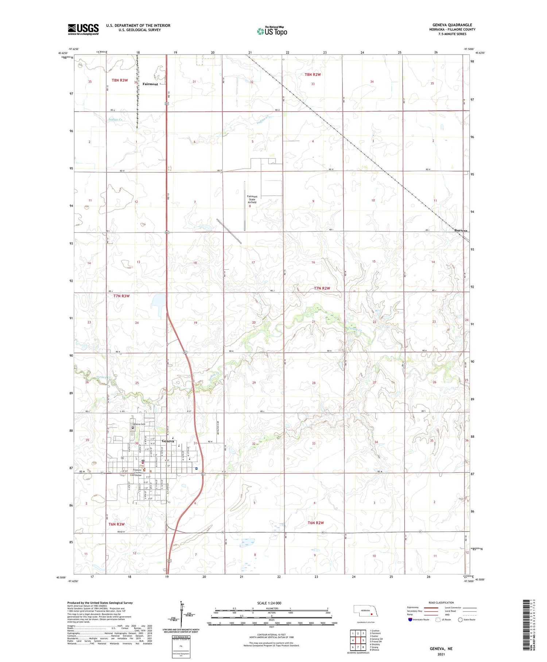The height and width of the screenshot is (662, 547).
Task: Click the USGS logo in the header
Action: pos(83,29)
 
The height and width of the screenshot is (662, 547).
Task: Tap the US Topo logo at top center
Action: pos(272,31)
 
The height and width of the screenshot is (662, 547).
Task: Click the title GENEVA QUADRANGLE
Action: pos(454,25)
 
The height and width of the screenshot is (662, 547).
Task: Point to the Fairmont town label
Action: pos(150,84)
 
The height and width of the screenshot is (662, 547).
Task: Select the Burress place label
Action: pos(461,230)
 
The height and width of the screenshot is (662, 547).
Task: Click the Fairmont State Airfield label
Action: pos(252,199)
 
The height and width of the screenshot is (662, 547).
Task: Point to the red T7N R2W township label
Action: pos(322,288)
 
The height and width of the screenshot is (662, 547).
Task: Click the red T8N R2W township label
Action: pos(313,74)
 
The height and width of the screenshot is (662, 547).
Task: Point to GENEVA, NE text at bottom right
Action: pos(441,648)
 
